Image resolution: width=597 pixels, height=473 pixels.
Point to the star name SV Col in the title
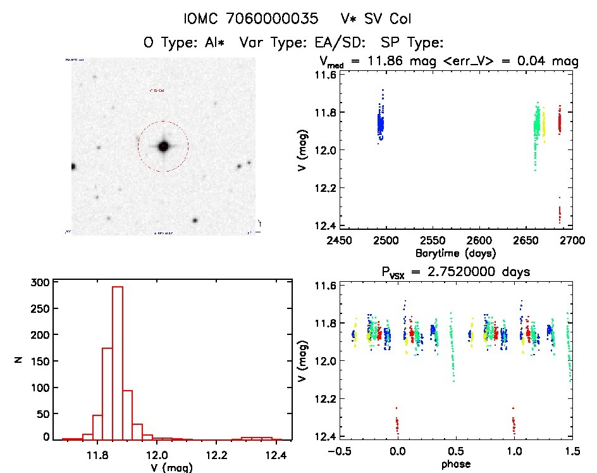coord(373,18)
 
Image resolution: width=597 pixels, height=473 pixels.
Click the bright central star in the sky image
coord(163,146)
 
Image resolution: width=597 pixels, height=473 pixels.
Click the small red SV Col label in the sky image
coord(156,91)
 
